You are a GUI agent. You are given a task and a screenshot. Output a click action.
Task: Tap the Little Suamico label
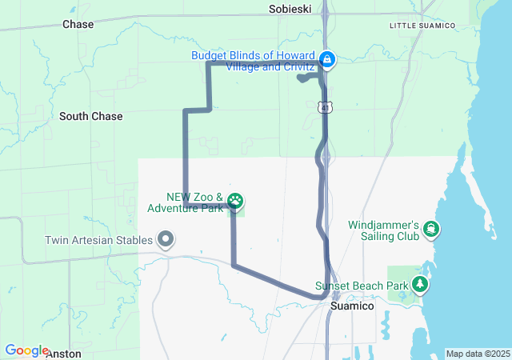[422, 26]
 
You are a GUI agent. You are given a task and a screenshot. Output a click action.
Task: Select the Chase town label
[78, 25]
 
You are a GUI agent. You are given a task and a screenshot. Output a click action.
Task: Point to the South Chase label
[91, 116]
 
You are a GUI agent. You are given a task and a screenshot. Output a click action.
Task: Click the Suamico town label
[351, 306]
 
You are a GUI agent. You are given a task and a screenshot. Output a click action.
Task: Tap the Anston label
[63, 353]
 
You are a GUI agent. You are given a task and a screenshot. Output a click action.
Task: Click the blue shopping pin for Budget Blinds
[327, 58]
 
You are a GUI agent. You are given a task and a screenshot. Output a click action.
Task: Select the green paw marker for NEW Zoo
[236, 200]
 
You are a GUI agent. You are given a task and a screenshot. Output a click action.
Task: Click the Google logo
[26, 350]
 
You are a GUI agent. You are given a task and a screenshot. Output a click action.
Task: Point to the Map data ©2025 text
[477, 354]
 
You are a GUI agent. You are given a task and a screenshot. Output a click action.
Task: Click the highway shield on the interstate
[322, 106]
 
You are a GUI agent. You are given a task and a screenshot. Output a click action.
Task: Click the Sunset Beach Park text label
[361, 285]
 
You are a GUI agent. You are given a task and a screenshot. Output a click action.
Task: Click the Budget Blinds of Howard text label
[253, 61]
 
